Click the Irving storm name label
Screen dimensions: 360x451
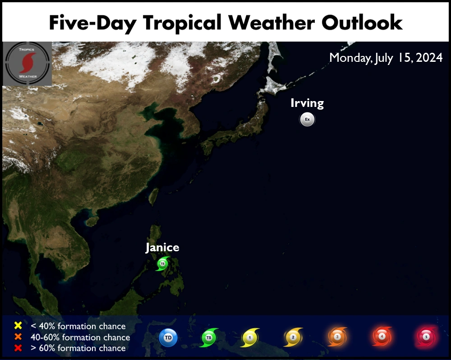click(x=307, y=103)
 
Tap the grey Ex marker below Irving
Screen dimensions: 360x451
click(x=307, y=120)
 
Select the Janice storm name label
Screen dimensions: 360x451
click(x=162, y=247)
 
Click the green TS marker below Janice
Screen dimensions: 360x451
click(x=162, y=263)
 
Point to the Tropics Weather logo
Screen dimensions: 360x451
click(x=27, y=64)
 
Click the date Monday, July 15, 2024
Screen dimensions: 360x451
click(x=386, y=58)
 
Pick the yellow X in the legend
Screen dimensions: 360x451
click(x=18, y=326)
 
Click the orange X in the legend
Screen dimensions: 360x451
click(x=18, y=337)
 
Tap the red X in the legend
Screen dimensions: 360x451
click(x=18, y=348)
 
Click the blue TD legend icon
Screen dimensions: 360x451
click(x=167, y=337)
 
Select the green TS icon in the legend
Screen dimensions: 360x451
click(x=208, y=337)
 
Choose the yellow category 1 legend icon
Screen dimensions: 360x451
click(x=250, y=337)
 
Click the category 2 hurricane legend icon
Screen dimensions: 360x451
click(x=292, y=337)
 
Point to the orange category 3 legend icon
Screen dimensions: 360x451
click(x=337, y=337)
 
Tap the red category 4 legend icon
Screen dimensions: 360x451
click(x=382, y=337)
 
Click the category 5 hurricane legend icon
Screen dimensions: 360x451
click(x=425, y=337)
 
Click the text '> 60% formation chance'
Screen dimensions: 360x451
click(x=78, y=348)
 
